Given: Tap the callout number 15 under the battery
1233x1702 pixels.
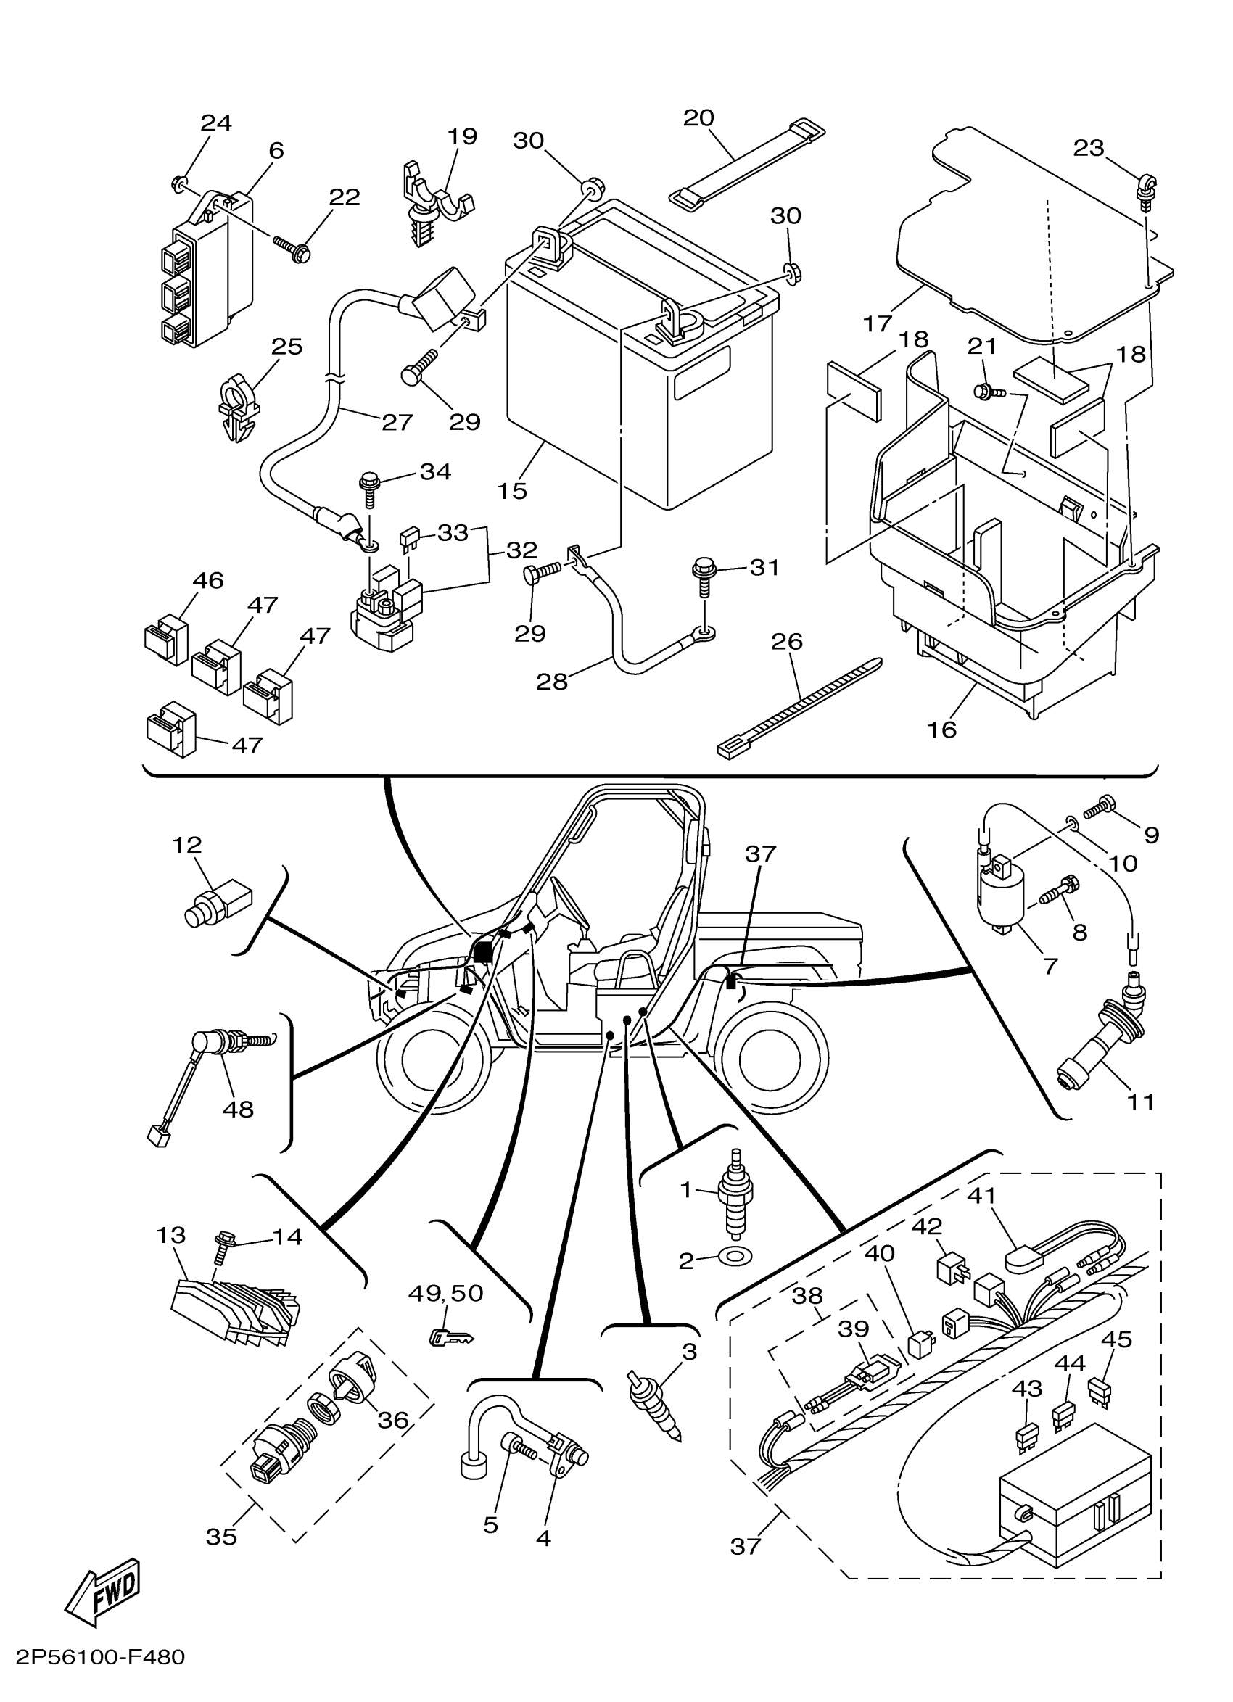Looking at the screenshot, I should click(x=512, y=491).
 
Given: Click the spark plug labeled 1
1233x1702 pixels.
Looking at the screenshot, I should click(x=735, y=1202).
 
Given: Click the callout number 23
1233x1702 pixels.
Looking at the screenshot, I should click(x=1088, y=148).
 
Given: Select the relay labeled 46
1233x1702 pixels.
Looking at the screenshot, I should click(x=166, y=643).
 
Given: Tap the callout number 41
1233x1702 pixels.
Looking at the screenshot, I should click(x=981, y=1194).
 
